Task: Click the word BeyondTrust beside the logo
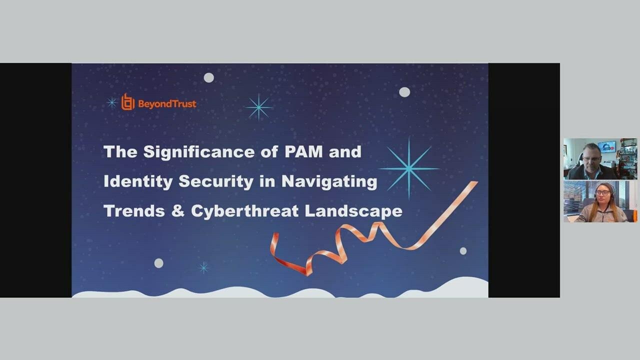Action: point(166,104)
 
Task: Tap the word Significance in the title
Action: point(202,152)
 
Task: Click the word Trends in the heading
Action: point(133,210)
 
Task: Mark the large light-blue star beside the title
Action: point(409,168)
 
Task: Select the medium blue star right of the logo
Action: point(258,107)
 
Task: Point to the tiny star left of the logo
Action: point(112,103)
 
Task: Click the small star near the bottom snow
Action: point(203,267)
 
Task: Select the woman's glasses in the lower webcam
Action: point(601,192)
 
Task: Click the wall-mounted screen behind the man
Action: point(606,146)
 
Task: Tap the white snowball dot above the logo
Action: point(209,77)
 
